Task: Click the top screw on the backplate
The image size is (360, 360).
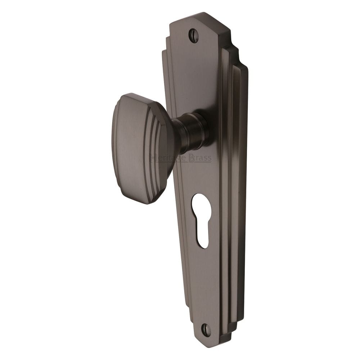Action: click(x=193, y=36)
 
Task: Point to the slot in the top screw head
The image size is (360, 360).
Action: click(x=193, y=36)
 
